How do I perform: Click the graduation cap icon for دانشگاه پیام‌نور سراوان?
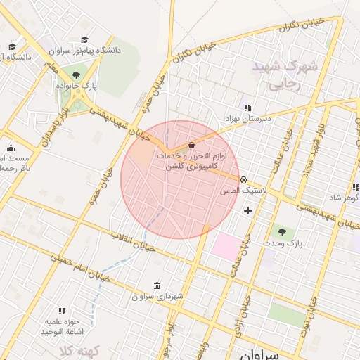coord(85,40)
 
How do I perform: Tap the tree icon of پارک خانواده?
coord(76,75)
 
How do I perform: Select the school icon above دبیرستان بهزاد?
coord(247,108)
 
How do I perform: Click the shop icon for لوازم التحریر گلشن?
coord(191,146)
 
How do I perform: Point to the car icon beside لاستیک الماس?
coord(243,179)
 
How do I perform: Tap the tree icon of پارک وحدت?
coord(283,231)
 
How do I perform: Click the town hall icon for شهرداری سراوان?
coord(156,286)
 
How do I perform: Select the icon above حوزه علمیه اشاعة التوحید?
coord(62,310)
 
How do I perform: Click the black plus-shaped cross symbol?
coord(247,210)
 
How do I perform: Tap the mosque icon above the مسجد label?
coord(11,148)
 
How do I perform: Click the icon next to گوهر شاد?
coord(355,187)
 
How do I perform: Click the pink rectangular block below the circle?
coord(226,247)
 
